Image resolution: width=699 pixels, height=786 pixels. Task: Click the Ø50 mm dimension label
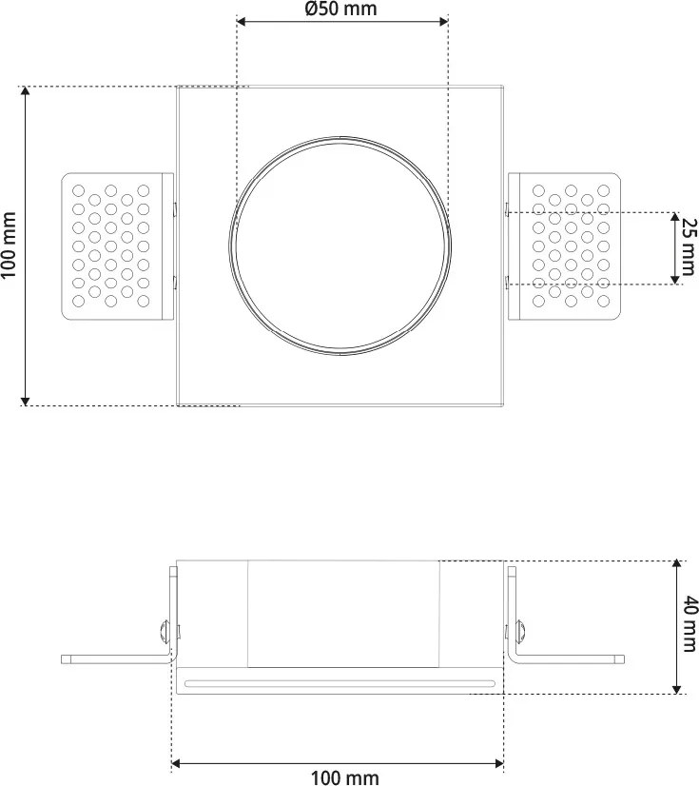(x=340, y=10)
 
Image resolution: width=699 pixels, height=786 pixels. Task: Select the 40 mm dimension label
(x=689, y=625)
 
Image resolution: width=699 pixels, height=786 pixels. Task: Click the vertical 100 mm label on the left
(x=10, y=245)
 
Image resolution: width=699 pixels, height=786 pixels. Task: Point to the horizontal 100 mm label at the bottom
(x=344, y=777)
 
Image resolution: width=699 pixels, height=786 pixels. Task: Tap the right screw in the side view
(x=519, y=630)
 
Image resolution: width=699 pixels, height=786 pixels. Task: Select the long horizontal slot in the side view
(x=340, y=682)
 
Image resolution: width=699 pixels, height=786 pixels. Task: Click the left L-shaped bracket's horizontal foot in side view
(x=114, y=658)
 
